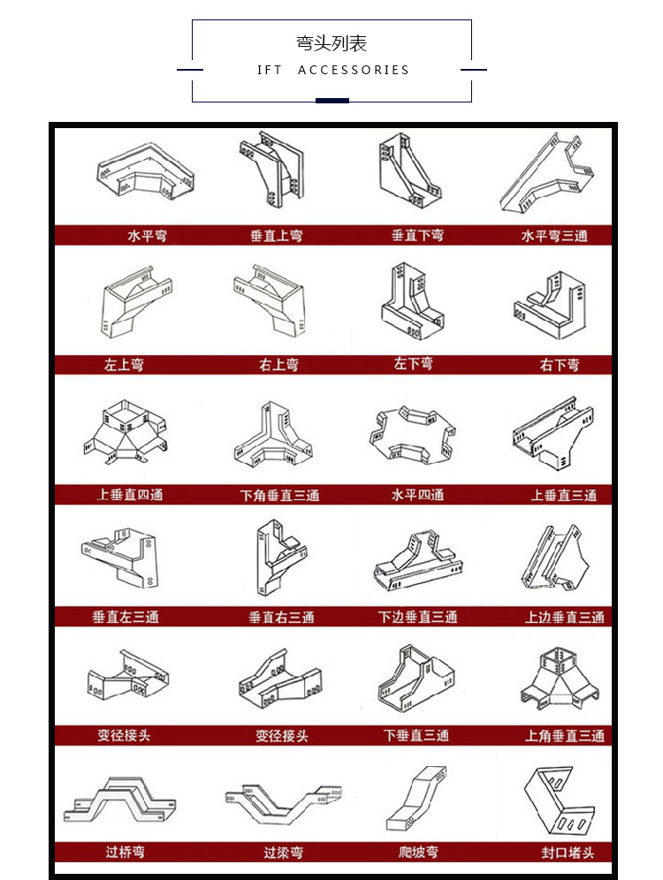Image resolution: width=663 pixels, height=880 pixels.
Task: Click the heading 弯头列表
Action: (331, 43)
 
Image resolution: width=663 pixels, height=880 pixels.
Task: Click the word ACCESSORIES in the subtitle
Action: (354, 70)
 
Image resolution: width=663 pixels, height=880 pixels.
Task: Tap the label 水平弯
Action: (147, 236)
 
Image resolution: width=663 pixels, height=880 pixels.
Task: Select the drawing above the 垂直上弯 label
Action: (271, 170)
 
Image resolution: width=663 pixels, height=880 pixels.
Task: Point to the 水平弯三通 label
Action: (554, 236)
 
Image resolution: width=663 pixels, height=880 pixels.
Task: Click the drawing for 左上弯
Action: (136, 302)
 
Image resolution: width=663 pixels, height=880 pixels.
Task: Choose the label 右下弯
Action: (560, 366)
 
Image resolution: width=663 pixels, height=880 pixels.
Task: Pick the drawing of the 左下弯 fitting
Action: (412, 300)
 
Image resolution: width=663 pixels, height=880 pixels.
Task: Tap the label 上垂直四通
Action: (130, 495)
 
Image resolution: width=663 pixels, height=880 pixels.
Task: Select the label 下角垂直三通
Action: (280, 496)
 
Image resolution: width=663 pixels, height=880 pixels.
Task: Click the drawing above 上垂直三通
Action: (553, 433)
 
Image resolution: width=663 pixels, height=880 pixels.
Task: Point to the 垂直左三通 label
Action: (126, 618)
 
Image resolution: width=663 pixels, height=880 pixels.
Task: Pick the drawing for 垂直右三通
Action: (280, 558)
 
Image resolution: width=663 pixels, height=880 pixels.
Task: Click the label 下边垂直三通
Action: (417, 618)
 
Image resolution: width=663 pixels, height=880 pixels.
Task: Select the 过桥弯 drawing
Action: (119, 800)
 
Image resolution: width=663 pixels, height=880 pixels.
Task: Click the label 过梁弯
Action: (284, 853)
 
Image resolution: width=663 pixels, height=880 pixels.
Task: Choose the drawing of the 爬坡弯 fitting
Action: (416, 799)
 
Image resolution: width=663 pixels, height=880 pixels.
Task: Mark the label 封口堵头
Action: (568, 853)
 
